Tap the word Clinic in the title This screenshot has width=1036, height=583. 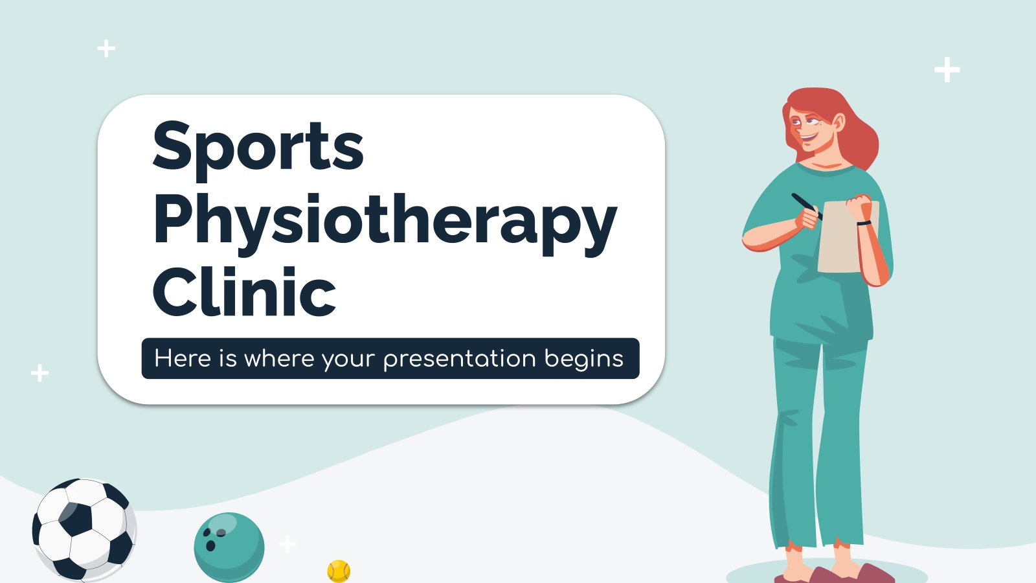point(244,291)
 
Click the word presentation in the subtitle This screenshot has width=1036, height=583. point(460,359)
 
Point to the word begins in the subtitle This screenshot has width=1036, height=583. point(584,360)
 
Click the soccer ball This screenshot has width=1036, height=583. point(84,531)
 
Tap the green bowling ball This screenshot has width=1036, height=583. point(229,547)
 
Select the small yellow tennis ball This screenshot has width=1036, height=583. point(339,571)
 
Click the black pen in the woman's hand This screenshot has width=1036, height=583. point(807,207)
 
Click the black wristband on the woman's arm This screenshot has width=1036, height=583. point(864,223)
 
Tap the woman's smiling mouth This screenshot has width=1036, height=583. point(809,137)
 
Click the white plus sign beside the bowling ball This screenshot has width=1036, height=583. point(287,543)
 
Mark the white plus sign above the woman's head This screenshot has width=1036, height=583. point(947,70)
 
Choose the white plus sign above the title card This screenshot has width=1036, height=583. point(106,48)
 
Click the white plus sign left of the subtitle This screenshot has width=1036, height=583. point(39,373)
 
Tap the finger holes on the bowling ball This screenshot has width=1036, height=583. point(214,539)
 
